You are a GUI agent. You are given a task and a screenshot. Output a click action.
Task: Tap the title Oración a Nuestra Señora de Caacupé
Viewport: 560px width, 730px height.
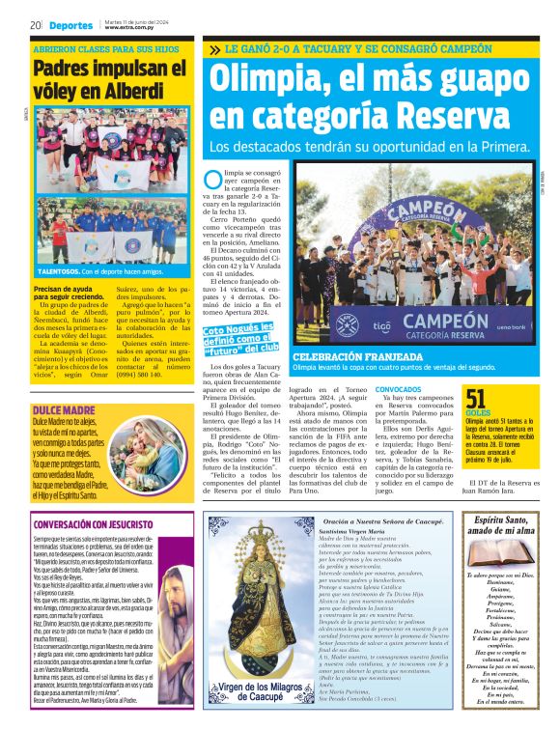tap(383, 520)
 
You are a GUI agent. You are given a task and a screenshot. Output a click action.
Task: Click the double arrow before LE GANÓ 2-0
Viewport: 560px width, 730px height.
tap(213, 47)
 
